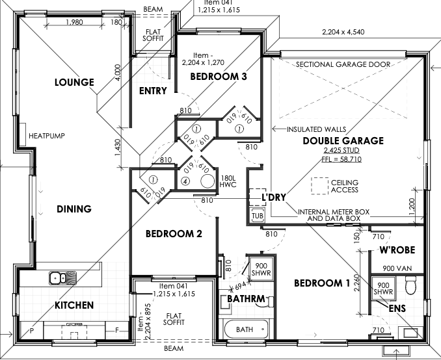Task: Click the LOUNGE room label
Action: (x=74, y=82)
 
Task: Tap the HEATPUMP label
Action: (x=47, y=136)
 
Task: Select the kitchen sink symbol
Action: (x=62, y=278)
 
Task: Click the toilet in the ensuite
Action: (x=411, y=285)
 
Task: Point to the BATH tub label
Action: (x=245, y=329)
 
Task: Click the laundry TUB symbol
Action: (x=258, y=216)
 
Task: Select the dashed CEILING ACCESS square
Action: (x=320, y=186)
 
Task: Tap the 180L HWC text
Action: (x=228, y=181)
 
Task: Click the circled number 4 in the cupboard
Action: (x=185, y=181)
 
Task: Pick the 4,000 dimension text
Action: (x=118, y=73)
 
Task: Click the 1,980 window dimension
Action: (x=75, y=22)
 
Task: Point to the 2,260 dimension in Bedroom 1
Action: (x=356, y=283)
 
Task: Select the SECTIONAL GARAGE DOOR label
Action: (x=343, y=64)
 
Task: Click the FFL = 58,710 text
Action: (x=341, y=159)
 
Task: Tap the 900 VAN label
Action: (x=397, y=268)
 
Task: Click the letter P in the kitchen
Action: (x=32, y=331)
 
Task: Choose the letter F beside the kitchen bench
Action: (x=117, y=330)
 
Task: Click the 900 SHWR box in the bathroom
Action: (x=261, y=269)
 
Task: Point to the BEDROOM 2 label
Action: (x=174, y=233)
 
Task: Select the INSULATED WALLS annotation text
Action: (x=316, y=129)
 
